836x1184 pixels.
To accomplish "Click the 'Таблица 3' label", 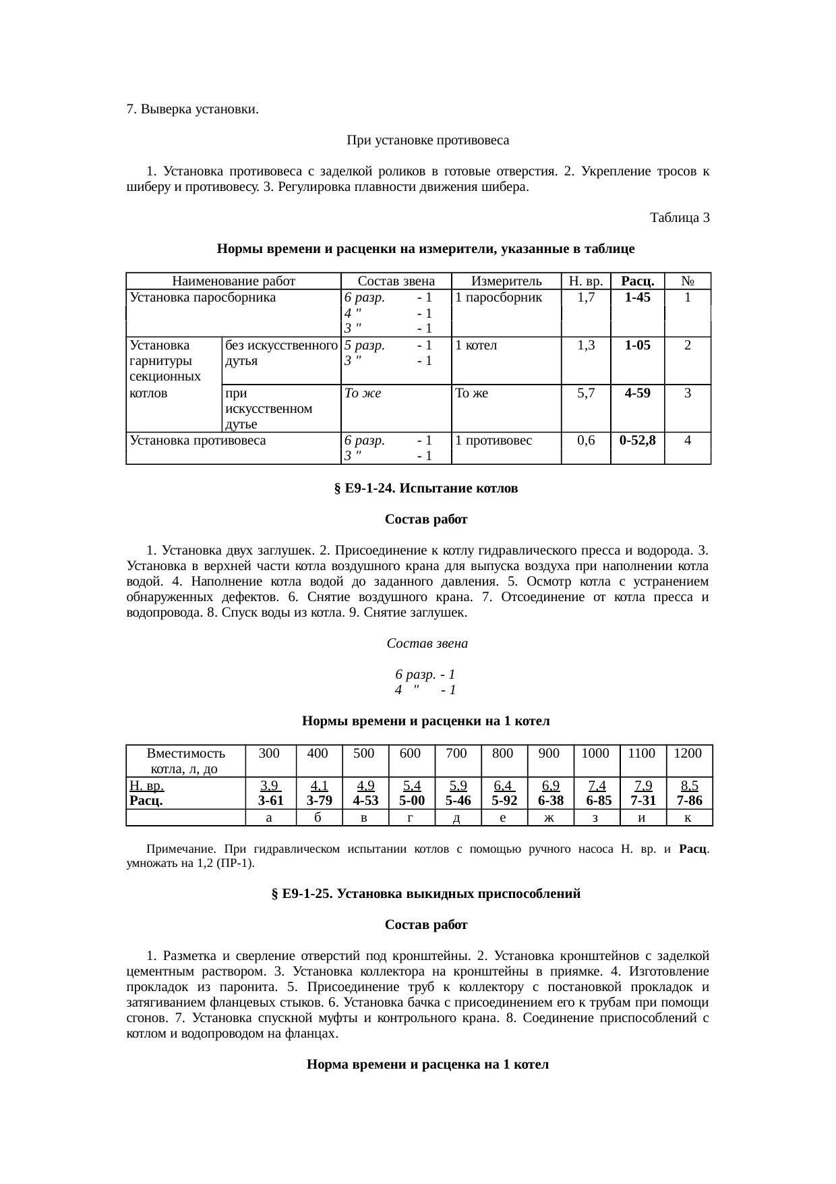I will [679, 218].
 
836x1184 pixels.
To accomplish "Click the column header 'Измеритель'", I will [506, 281].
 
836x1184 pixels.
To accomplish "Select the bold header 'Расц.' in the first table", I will [637, 281].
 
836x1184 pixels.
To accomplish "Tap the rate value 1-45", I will [637, 298].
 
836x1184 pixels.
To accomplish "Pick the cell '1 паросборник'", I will [498, 298].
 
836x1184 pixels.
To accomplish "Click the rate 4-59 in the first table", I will [637, 393].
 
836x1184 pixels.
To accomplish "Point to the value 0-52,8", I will [637, 441].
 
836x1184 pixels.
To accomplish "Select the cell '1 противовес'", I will [494, 441].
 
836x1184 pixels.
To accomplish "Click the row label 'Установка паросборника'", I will [202, 298].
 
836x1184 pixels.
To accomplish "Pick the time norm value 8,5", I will [689, 786].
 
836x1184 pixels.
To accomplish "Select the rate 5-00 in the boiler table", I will [411, 801].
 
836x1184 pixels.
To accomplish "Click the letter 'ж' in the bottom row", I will [549, 818].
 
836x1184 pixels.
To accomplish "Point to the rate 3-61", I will [270, 801].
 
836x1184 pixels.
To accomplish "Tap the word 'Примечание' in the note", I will [181, 849].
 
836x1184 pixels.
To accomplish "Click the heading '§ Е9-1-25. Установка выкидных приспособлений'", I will [425, 894].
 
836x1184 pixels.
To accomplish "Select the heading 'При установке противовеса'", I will [427, 141].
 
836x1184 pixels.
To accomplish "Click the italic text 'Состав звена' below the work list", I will [427, 644].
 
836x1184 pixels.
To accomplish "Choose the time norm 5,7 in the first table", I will [585, 393].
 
